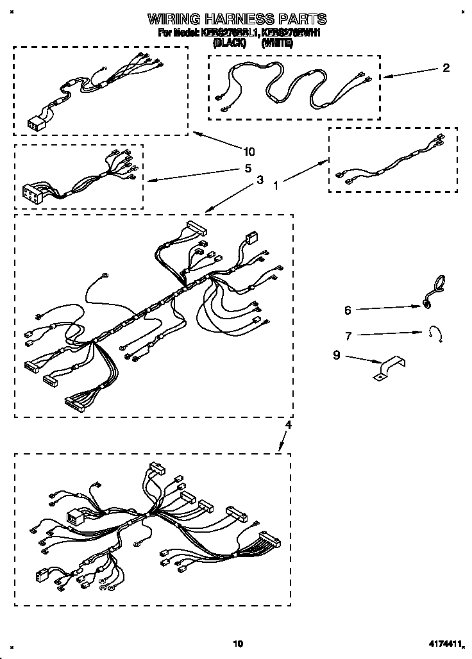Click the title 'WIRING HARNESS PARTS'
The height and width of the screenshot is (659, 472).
237,19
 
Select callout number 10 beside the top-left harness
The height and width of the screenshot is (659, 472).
249,152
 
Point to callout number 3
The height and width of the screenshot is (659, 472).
260,181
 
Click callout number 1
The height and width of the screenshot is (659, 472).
276,187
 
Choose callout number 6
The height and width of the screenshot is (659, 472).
348,310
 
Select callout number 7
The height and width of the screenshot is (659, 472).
348,335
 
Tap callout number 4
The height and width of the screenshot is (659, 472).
288,424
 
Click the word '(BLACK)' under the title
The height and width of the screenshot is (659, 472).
230,43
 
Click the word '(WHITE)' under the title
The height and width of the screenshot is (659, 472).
277,43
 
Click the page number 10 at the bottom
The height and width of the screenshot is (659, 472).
238,643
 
